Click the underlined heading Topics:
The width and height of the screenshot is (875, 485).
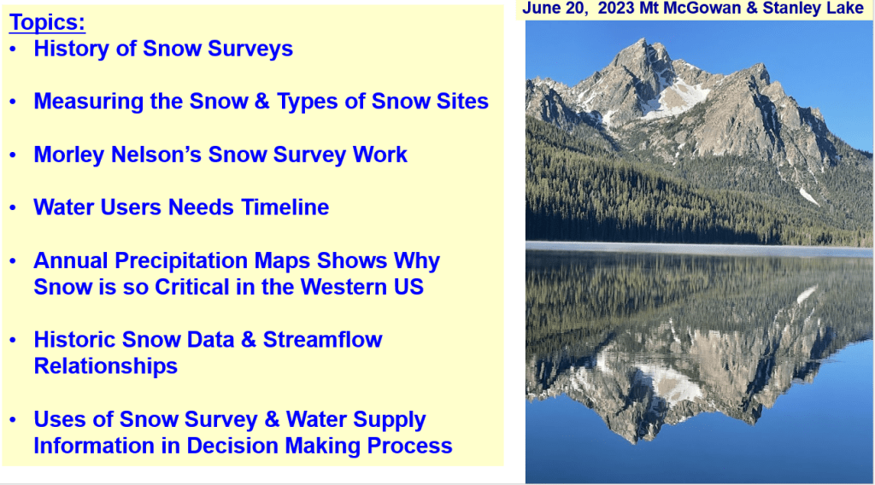(48, 22)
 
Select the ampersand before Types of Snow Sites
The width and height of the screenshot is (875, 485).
(261, 102)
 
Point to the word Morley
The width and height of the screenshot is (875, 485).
(69, 155)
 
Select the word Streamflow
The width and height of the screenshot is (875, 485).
(322, 340)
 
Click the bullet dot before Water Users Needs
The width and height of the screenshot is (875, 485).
(14, 208)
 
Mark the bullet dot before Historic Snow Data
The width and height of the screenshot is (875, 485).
(14, 340)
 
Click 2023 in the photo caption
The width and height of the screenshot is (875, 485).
(614, 9)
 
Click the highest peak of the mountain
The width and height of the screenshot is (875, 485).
(644, 40)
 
